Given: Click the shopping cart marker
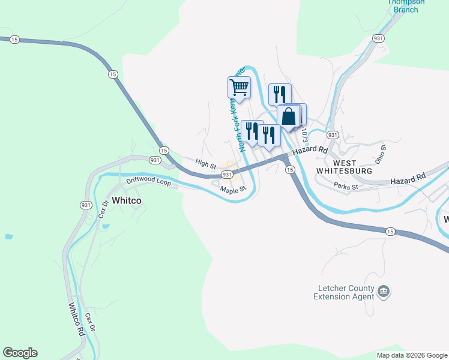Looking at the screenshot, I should coord(239,88).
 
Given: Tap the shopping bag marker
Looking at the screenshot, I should coord(289,116).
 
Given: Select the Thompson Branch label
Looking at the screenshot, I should coord(406,5).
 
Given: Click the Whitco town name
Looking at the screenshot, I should coord(127,201).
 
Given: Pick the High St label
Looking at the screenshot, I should coord(205,163).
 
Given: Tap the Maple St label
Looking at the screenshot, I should coord(233,190).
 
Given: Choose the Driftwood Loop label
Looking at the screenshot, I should coord(148,181).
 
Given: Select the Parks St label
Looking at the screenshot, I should coord(346,187).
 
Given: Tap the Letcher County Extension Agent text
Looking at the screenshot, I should coord(344,292).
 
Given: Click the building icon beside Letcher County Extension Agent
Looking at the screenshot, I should coord(384,292).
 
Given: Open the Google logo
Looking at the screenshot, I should coord(20,353).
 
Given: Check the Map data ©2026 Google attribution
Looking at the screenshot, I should coord(412,355).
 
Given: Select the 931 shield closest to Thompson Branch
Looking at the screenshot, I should coord(378,38).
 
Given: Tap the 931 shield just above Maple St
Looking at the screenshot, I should coord(227,175).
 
